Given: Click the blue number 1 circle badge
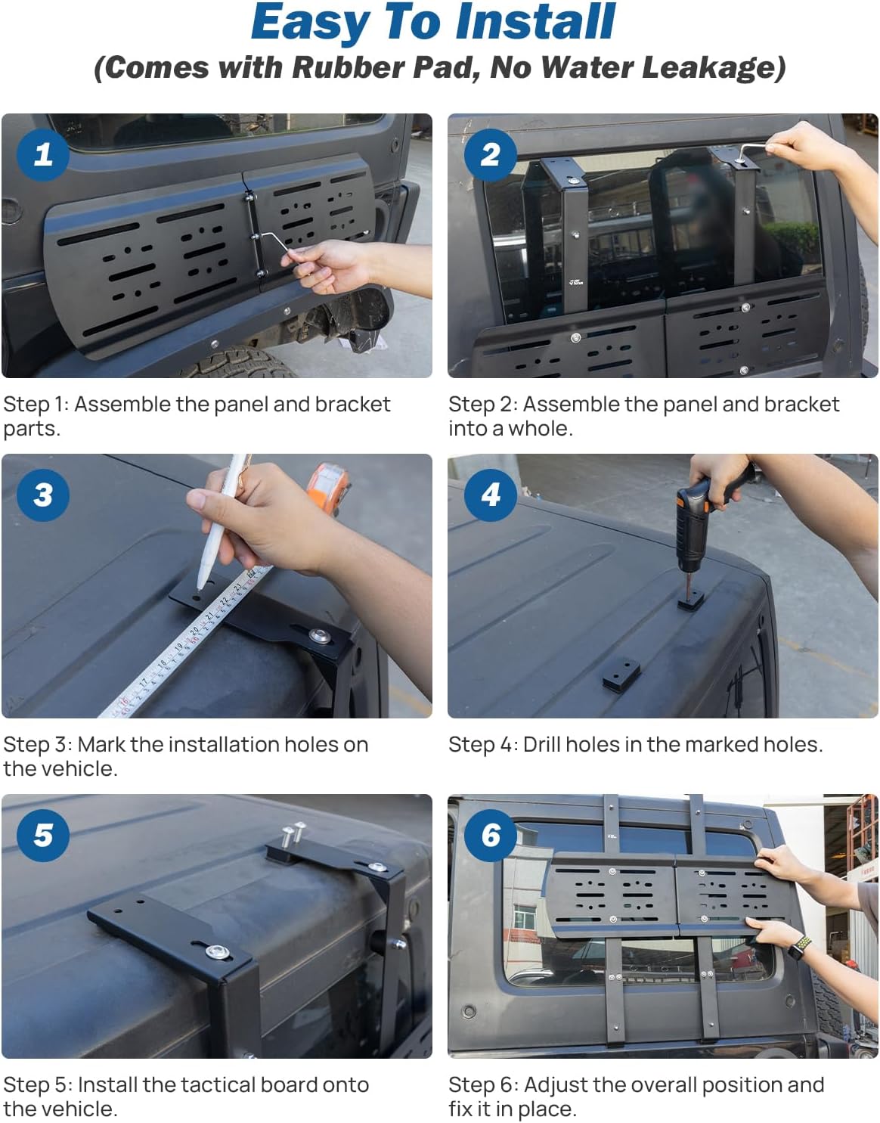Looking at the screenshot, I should pos(43,155).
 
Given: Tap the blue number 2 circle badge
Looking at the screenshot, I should pos(490,155).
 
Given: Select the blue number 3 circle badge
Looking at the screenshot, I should pos(43,495).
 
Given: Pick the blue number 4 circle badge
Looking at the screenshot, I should pos(490,495).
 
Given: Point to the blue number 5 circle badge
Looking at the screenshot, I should pos(43,836).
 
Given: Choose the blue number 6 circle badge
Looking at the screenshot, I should pos(490,836).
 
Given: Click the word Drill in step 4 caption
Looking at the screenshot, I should pos(541,744).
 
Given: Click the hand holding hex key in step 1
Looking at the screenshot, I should pos(325,265).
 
